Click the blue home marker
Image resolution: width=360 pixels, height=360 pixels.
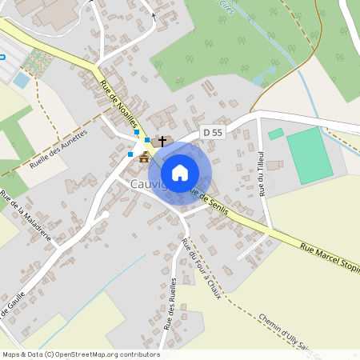(180, 172)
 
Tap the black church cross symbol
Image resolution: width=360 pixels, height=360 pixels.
(162, 141)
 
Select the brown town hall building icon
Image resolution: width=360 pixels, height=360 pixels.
(144, 157)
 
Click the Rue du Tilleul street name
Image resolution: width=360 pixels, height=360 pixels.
(261, 173)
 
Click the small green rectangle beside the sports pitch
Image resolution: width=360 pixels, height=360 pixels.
(275, 134)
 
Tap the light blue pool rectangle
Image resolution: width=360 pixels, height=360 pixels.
(21, 80)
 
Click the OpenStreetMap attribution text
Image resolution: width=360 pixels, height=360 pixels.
(81, 354)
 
